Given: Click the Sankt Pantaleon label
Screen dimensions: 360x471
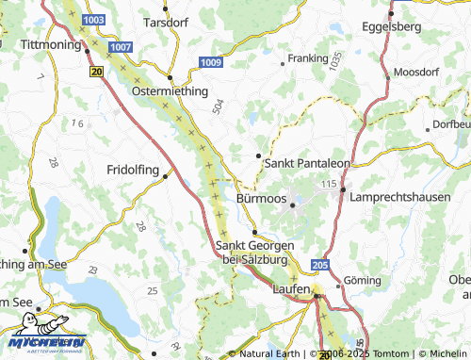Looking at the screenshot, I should [308, 163].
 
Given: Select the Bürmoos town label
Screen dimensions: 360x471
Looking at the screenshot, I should [261, 200].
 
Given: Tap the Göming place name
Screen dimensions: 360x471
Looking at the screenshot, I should [362, 281].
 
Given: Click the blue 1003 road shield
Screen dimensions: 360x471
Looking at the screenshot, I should [94, 19].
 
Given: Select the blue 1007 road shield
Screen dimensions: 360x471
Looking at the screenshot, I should [121, 46].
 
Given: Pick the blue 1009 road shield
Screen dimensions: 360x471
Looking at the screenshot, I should [211, 62].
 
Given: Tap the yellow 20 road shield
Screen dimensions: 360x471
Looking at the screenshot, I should [96, 71].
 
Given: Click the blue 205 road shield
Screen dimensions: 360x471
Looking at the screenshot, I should [319, 267].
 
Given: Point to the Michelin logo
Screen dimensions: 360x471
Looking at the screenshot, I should [46, 339].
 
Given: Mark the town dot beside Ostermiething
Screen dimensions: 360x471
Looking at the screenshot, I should [170, 77].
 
